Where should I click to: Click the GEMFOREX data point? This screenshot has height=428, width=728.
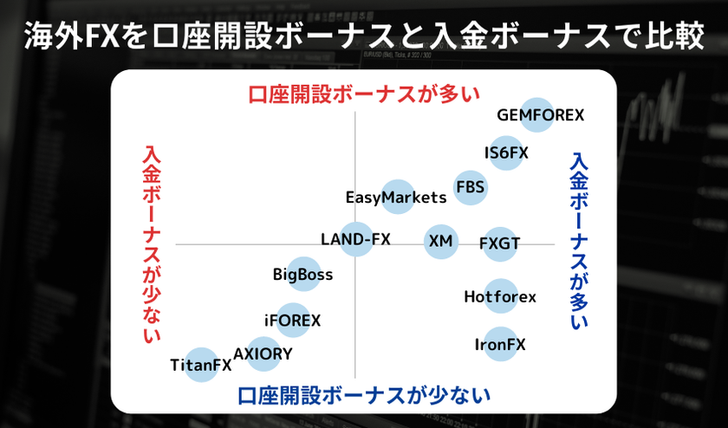[537, 114]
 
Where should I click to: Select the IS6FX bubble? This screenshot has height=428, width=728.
[506, 152]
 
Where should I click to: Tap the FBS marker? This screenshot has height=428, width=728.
[471, 187]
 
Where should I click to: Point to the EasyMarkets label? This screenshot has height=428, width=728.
[396, 198]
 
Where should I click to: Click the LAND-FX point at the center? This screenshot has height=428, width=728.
[356, 239]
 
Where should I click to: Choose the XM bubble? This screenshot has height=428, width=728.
[441, 242]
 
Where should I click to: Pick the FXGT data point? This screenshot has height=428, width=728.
[499, 243]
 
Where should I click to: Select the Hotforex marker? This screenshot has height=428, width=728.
[501, 296]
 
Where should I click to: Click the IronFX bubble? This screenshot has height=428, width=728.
[501, 344]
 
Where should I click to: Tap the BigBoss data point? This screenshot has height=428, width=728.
[303, 274]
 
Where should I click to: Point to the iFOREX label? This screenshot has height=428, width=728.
[293, 321]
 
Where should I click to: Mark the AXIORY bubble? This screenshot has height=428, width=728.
[263, 354]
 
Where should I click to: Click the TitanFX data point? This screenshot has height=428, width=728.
[201, 365]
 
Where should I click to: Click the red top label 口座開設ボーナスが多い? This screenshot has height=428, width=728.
[364, 94]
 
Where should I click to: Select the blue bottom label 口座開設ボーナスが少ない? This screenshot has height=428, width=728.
[364, 395]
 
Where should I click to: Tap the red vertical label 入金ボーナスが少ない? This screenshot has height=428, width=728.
[152, 244]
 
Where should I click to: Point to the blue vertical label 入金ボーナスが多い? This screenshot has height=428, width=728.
[579, 242]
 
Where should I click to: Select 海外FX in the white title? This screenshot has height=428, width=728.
[73, 36]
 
